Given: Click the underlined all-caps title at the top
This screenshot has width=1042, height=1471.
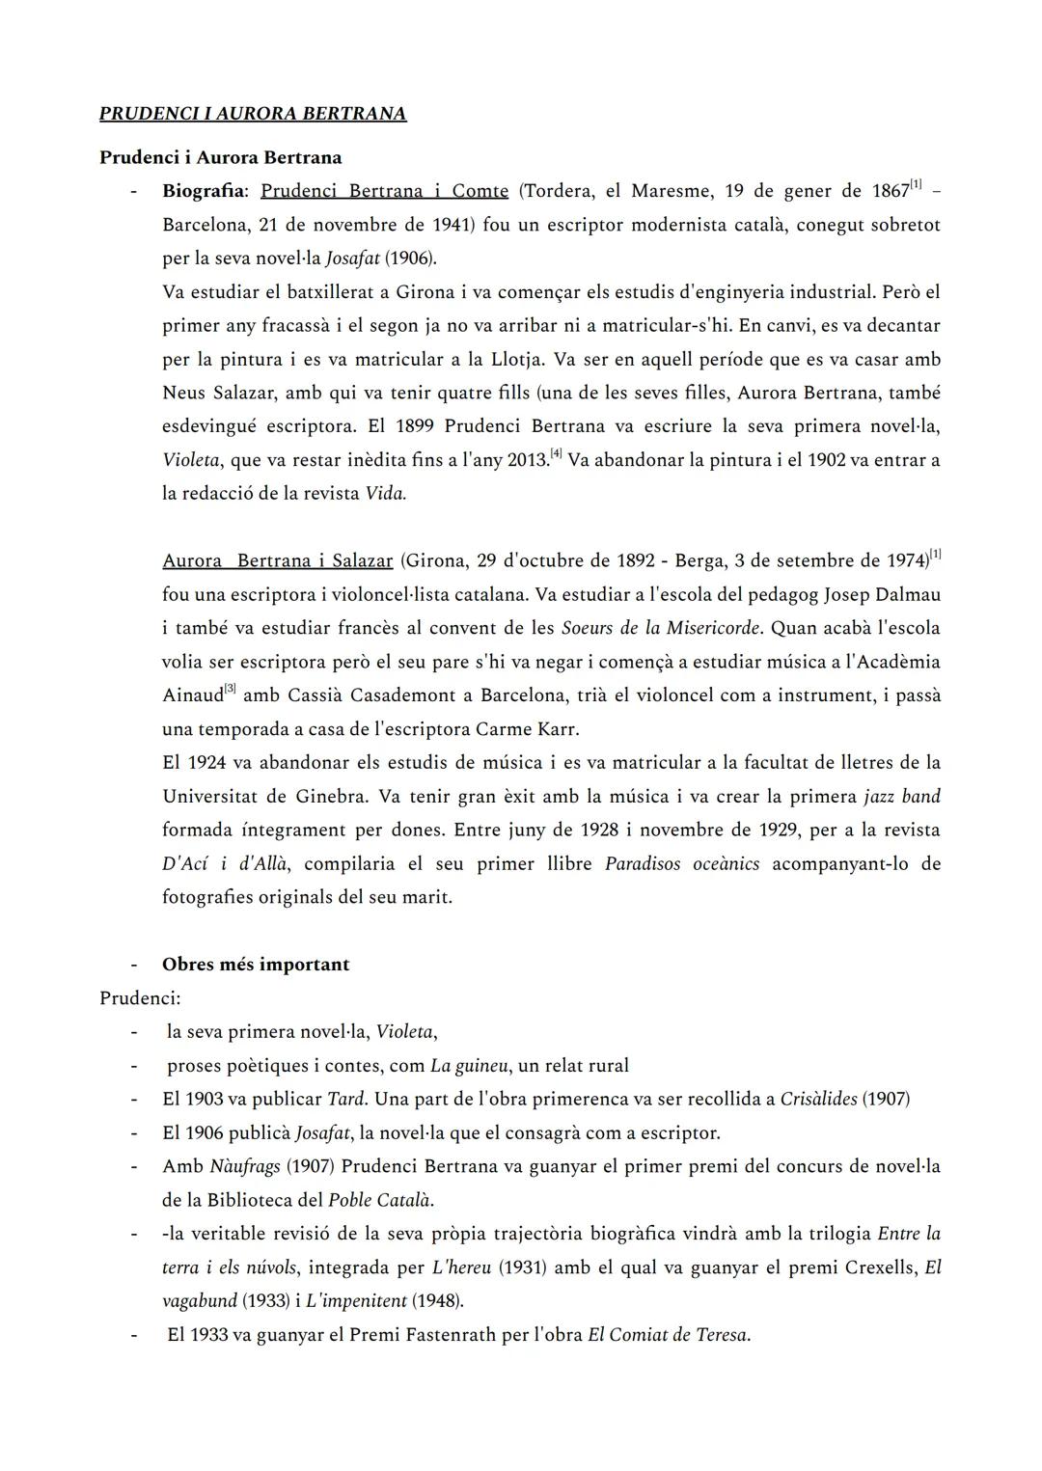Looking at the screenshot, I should point(253,114).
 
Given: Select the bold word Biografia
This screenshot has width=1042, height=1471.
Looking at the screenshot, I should point(204,191).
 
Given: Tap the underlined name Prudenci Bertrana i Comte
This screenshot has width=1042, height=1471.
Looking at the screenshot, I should point(384,191).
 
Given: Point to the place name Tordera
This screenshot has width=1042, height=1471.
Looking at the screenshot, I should point(559,191).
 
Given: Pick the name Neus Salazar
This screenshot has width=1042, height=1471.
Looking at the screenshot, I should point(219,393).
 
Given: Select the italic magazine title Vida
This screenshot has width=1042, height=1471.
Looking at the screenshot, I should point(385,494).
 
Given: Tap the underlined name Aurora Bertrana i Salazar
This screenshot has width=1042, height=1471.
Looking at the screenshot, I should point(278,561).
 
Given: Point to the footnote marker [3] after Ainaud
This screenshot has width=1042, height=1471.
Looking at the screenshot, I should point(230,689).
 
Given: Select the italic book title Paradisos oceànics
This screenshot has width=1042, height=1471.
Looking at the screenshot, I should point(681,863).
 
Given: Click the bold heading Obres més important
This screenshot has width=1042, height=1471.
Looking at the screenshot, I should point(256,965).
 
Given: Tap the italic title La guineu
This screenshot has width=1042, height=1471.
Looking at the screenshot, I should point(468,1066).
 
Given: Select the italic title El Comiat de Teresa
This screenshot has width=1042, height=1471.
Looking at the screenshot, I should point(668,1335).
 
